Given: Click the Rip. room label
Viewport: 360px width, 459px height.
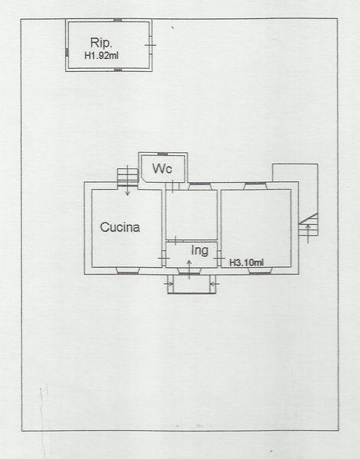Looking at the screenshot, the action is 101,43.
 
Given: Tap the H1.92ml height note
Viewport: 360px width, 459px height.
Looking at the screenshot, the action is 101,56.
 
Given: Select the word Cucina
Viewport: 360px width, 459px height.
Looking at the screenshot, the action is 120,227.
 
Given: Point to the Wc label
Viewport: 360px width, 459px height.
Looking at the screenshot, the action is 162,168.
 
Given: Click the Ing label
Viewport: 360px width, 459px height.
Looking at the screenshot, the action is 199,251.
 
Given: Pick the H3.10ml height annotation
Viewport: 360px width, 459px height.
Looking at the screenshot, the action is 247,262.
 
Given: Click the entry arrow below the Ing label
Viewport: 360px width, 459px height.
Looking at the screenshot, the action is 190,269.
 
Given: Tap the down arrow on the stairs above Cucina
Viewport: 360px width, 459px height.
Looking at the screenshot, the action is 128,180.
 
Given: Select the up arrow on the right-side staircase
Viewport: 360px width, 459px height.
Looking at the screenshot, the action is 308,234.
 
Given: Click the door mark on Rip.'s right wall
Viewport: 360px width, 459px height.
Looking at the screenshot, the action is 151,45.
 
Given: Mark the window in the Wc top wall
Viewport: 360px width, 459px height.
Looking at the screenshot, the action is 162,154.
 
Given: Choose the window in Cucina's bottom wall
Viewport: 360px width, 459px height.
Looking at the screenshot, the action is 128,271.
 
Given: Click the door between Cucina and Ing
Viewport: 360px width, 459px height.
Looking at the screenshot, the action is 164,259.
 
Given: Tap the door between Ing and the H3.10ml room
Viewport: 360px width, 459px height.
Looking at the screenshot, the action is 219,259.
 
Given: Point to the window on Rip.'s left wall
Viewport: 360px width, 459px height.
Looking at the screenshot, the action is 67,52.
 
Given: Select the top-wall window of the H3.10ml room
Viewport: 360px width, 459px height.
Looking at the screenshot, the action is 255,185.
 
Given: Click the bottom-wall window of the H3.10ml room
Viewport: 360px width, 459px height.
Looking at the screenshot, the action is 260,271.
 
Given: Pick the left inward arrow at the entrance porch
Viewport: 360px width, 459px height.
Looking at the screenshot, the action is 168,283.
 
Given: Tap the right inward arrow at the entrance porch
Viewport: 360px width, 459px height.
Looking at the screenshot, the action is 215,283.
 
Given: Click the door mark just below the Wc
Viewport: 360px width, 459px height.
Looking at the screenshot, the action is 173,187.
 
